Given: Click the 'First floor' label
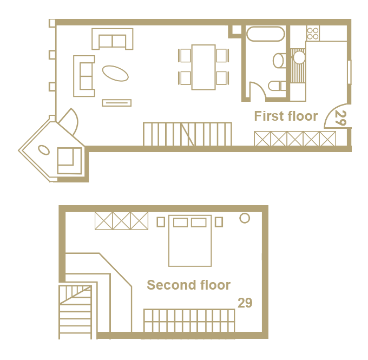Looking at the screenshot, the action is [286, 116].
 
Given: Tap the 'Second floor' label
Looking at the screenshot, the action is [189, 285].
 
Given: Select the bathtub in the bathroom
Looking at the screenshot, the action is [265, 34].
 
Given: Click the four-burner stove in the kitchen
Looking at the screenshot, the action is [313, 34].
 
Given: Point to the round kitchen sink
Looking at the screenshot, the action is [299, 57].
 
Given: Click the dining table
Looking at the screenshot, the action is [203, 67].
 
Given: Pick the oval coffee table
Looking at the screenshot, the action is [115, 73].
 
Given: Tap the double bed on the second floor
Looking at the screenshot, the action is [190, 241].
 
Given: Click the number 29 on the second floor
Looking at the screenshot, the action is [245, 303].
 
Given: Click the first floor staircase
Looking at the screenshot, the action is [188, 134].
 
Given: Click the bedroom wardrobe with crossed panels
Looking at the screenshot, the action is [122, 221].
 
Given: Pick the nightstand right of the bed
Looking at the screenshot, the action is [219, 222].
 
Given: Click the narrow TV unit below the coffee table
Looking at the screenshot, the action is [117, 103].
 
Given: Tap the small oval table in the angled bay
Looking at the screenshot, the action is [44, 150].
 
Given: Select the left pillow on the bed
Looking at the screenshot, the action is [180, 222].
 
